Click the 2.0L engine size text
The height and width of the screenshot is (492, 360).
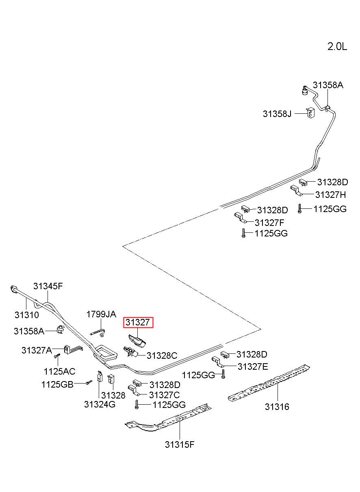point(337,46)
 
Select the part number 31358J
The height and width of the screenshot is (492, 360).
point(277,114)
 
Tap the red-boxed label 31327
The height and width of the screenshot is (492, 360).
point(138,323)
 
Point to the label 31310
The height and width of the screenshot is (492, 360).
point(26,315)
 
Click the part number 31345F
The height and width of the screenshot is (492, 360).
point(48,286)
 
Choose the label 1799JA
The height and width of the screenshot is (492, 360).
point(101,314)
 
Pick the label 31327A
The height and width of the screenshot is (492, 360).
point(37,350)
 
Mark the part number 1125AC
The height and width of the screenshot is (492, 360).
point(59,371)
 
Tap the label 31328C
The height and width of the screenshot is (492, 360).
point(162,355)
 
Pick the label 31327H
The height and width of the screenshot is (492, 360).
point(330,195)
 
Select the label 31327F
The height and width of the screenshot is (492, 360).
point(269,223)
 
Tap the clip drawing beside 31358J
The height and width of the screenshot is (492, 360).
point(310,113)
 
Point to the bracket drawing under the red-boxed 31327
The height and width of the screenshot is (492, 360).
point(137,342)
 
